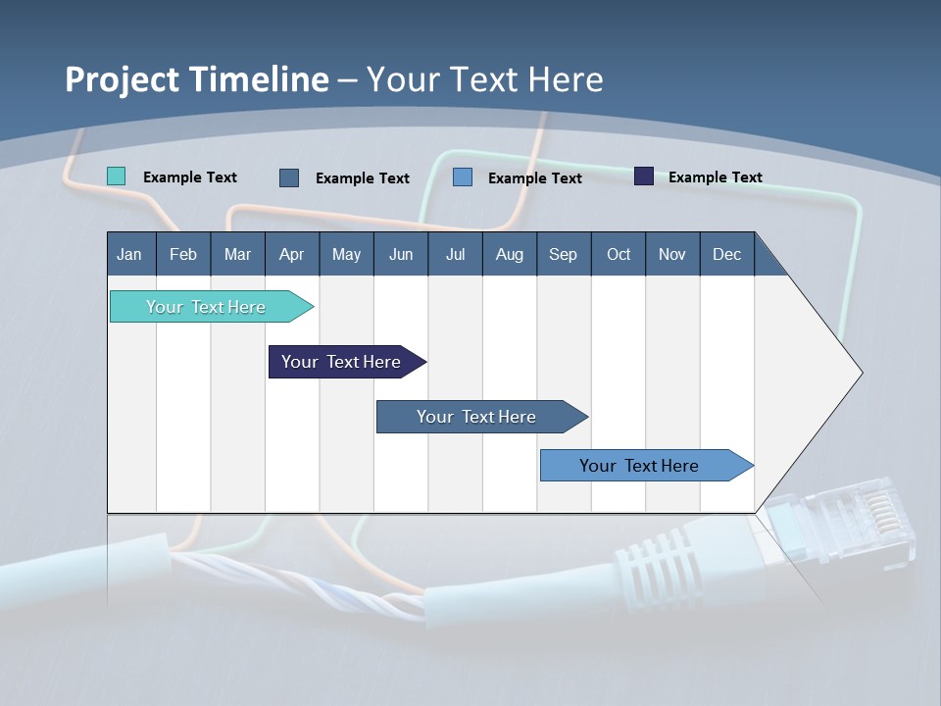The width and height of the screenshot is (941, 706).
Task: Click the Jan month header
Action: click(x=129, y=254)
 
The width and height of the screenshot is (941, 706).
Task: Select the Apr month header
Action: click(x=291, y=254)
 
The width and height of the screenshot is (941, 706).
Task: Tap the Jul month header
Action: click(x=455, y=254)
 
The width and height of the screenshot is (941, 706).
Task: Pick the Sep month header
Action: click(x=563, y=254)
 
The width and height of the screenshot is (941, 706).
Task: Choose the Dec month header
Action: click(x=726, y=254)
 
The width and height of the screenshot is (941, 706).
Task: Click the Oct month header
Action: click(x=619, y=254)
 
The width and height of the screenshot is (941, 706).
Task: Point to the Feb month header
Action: click(x=183, y=254)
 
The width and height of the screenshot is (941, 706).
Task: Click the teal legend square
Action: click(x=116, y=176)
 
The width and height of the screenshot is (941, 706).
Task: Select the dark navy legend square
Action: click(x=644, y=176)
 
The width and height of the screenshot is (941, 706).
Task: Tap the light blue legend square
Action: click(x=463, y=177)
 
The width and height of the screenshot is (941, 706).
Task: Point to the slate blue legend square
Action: click(x=289, y=177)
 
